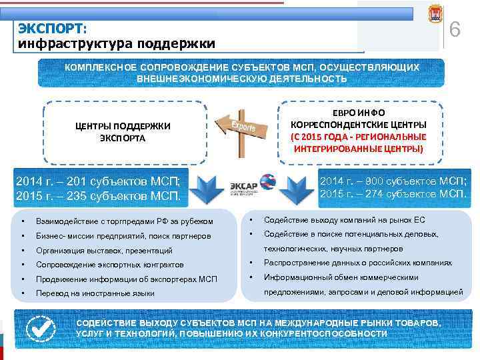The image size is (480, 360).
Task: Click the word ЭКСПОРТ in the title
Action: (x=52, y=29)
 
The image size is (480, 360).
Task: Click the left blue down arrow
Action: (x=207, y=187)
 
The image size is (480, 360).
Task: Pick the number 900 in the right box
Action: (x=368, y=181)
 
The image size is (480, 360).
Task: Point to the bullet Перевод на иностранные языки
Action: (x=95, y=293)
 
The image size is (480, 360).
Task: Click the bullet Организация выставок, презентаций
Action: (x=105, y=251)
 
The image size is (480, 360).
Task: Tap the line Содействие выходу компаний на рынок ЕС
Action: (x=344, y=220)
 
